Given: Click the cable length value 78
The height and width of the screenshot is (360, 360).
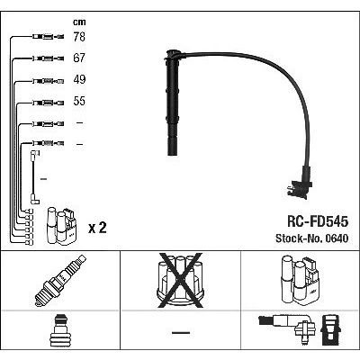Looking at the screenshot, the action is pyautogui.click(x=79, y=37).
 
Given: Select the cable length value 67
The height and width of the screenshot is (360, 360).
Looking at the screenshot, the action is pyautogui.click(x=79, y=58).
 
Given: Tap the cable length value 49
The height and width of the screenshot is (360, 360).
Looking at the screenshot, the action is pyautogui.click(x=79, y=79).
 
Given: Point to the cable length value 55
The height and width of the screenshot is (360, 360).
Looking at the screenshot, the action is pyautogui.click(x=79, y=101).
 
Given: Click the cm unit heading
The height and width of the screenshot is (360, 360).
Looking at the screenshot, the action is pyautogui.click(x=79, y=22).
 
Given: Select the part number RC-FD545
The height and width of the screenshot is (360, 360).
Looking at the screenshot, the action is pyautogui.click(x=318, y=221).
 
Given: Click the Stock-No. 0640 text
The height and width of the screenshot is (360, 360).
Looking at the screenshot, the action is pyautogui.click(x=312, y=238).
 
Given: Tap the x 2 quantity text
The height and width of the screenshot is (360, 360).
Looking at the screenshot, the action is pyautogui.click(x=97, y=229).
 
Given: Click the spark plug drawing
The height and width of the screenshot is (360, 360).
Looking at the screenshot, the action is pyautogui.click(x=60, y=280).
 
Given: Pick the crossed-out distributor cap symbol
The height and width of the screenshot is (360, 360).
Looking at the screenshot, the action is pyautogui.click(x=180, y=280).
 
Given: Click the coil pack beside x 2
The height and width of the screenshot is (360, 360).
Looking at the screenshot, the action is pyautogui.click(x=61, y=226).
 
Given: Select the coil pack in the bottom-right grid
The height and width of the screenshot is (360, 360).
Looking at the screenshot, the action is pyautogui.click(x=301, y=279).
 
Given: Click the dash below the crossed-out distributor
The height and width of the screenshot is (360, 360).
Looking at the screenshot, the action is pyautogui.click(x=181, y=332).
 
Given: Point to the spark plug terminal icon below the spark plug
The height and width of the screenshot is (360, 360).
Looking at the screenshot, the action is pyautogui.click(x=60, y=331).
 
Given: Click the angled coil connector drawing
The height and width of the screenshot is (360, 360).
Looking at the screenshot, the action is pyautogui.click(x=287, y=325).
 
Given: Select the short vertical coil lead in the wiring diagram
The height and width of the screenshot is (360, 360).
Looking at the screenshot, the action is pyautogui.click(x=34, y=177).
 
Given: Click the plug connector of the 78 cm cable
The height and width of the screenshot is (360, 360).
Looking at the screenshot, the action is pyautogui.click(x=48, y=37).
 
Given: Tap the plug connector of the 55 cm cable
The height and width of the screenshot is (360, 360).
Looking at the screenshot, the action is pyautogui.click(x=48, y=103).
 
